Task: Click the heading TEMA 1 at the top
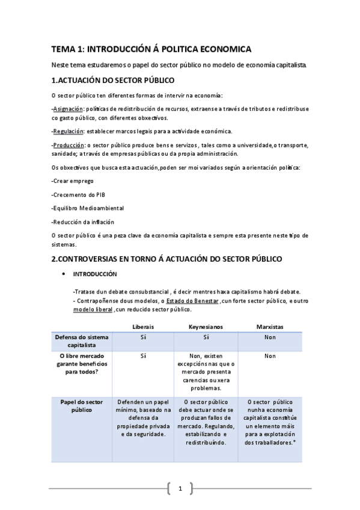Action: (151, 49)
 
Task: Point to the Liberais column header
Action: (143, 326)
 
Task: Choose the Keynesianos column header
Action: (206, 326)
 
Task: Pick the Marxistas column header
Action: (269, 326)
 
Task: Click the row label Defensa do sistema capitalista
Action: (82, 341)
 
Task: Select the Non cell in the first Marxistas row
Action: (269, 337)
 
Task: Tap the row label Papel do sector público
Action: (82, 405)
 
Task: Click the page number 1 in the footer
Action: (180, 488)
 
